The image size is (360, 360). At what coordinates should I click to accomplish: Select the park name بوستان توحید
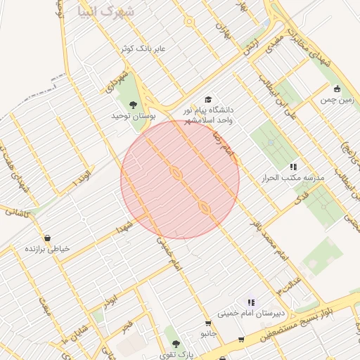point(131,115)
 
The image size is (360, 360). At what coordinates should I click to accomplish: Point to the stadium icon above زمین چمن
point(337,89)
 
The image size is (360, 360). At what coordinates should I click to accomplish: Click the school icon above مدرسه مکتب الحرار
point(293,167)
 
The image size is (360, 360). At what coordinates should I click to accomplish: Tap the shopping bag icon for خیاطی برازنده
point(47,238)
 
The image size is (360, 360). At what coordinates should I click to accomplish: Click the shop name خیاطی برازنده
point(48,249)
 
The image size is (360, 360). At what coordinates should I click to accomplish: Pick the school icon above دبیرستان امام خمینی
point(250,302)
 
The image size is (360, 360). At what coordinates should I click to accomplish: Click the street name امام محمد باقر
point(270,242)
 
